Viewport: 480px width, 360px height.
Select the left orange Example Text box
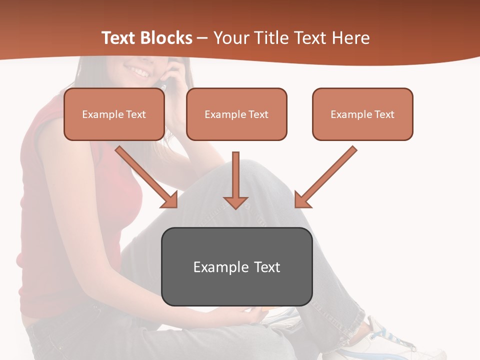114,114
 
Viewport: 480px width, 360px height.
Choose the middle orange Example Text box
236,114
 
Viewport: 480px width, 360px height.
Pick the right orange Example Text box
362,114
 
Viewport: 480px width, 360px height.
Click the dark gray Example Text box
236,266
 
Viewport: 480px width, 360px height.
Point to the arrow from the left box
145,176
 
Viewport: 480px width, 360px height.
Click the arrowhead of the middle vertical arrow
235,202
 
